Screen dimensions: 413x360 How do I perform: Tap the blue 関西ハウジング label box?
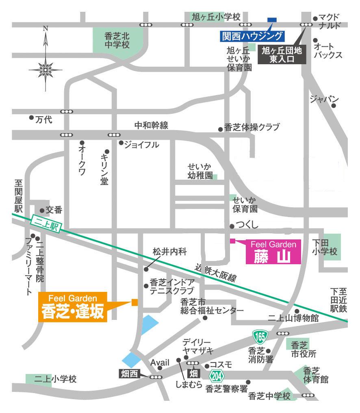252,36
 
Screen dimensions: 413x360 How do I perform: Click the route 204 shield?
217,376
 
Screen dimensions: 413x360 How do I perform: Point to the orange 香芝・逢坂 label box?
72,307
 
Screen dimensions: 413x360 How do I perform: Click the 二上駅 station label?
44,224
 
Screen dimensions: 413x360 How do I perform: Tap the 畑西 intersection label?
129,373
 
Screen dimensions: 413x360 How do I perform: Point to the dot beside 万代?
31,117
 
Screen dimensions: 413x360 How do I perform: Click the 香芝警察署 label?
227,389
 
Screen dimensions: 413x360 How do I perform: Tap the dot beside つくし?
232,226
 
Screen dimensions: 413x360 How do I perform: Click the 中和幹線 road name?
151,126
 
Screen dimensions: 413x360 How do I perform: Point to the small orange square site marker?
135,302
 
